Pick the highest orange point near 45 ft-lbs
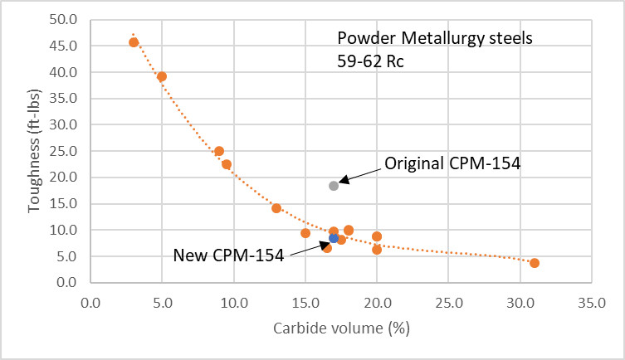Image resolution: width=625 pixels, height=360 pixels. pos(134,42)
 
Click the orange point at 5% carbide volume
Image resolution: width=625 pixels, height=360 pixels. pos(162,76)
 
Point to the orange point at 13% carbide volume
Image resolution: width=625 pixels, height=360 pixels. pos(276,208)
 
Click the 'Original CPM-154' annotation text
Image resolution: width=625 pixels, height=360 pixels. pos(452,163)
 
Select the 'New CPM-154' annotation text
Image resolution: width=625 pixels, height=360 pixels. pos(228,255)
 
